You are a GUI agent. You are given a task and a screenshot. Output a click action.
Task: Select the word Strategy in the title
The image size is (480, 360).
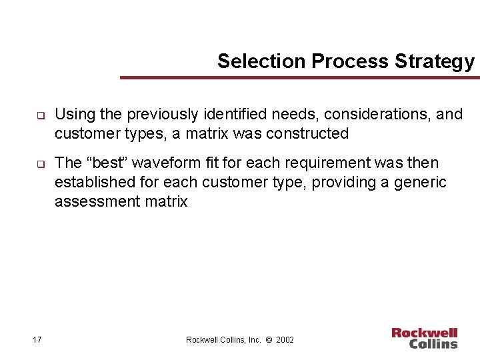coord(435,61)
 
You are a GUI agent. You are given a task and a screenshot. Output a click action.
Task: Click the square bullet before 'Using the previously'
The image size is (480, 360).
coord(40,115)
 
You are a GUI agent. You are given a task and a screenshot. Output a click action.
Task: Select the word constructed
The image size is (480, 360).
coord(307,133)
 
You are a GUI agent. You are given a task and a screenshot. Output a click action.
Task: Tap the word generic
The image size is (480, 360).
coord(421,182)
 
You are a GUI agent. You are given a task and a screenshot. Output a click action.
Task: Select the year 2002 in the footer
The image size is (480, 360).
coord(284,340)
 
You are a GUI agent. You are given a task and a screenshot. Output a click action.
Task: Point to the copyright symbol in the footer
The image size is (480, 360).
coord(268,340)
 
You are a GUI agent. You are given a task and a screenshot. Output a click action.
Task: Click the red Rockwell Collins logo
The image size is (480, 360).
coord(424,338)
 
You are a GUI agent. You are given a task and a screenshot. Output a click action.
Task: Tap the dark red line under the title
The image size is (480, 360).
coord(299,78)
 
